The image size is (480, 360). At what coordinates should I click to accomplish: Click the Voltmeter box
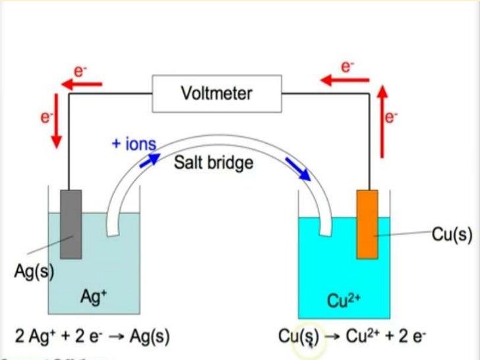[x=216, y=94]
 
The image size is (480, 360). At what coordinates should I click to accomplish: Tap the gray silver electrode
[x=71, y=224]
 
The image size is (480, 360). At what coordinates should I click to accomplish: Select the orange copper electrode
[x=367, y=224]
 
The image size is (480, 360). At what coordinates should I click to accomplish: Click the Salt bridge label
[x=213, y=162]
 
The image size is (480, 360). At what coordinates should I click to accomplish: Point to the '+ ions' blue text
[x=133, y=143]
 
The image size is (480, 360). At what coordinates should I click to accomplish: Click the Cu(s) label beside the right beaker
[x=452, y=234]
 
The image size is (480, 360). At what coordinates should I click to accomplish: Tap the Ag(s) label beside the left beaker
[x=34, y=271]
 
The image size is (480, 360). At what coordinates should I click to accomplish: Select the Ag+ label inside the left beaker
[x=94, y=297]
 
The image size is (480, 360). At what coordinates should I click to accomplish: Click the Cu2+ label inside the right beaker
[x=343, y=301]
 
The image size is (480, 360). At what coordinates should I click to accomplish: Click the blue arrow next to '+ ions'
[x=149, y=159]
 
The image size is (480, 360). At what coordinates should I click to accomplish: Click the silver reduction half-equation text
[x=92, y=337]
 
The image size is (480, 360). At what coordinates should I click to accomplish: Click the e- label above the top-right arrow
[x=347, y=67]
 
